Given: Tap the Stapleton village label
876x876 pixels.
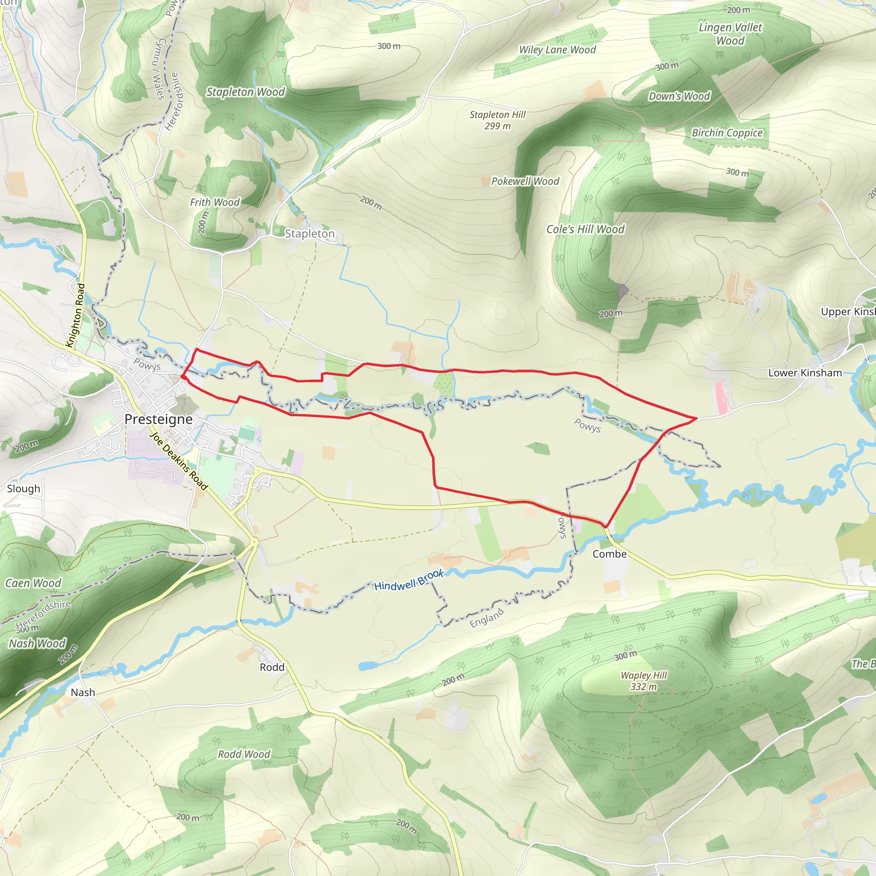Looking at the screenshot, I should pos(309,234).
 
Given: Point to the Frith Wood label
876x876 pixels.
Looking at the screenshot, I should pos(214,202).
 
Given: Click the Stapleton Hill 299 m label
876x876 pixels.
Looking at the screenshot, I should pos(497,120).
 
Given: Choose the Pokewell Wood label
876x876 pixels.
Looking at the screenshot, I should pos(525,181).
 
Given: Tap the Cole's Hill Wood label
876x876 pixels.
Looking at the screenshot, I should pos(585,229).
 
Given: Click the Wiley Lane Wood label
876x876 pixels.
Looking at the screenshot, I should pos(557,50).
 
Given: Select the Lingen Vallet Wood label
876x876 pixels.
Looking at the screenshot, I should pos(730,34).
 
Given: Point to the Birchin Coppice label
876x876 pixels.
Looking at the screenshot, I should pos(727,133).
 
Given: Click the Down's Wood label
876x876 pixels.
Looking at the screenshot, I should pos(679,96).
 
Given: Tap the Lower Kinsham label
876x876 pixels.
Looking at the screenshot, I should pos(805,373).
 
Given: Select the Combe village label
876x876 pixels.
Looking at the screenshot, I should pos(610,553).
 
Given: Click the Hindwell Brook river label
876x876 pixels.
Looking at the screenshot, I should pos(408,580).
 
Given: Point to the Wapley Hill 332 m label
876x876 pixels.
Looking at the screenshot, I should pos(643,681).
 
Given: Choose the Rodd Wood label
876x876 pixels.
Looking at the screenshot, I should pos(244,754).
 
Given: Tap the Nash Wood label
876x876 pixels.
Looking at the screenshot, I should pos(37,643).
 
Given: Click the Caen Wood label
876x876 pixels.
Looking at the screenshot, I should pos(33,583).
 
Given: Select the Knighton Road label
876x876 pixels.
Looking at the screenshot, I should pos(75,315).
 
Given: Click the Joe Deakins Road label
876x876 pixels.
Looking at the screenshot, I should pos(179,461).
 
